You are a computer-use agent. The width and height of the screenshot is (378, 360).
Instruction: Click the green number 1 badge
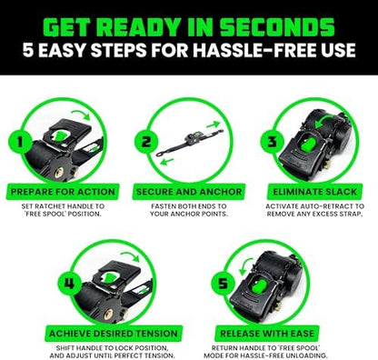tap(20, 142)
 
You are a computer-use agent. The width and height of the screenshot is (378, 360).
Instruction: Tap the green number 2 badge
tap(146, 142)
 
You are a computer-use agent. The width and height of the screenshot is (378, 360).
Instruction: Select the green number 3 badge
tap(273, 142)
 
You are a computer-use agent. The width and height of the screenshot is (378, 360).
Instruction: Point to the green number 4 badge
tap(70, 284)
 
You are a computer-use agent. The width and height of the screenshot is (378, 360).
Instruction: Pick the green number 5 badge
tap(223, 284)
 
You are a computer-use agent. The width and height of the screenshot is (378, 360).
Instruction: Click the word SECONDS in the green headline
tap(277, 28)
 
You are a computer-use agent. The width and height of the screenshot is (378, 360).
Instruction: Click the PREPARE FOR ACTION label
tap(63, 192)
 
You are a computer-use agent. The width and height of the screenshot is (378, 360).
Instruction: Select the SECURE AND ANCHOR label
tap(189, 192)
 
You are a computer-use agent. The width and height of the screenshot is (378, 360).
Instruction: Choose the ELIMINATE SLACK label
tap(315, 192)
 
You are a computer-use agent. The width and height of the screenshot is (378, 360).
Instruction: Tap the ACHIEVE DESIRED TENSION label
tap(114, 334)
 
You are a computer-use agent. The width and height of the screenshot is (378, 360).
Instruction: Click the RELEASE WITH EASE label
tap(267, 334)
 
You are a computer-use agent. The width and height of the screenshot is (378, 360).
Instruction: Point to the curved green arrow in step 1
tap(81, 114)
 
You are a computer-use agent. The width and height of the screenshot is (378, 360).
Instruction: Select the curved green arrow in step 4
tap(130, 255)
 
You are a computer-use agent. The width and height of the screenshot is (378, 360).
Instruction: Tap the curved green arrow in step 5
tap(244, 265)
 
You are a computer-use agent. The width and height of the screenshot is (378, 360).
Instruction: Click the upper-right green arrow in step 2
tap(213, 125)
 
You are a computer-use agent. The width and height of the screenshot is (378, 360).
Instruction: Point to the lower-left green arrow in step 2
tap(166, 162)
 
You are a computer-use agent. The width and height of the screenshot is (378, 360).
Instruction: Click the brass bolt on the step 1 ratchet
tap(59, 173)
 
